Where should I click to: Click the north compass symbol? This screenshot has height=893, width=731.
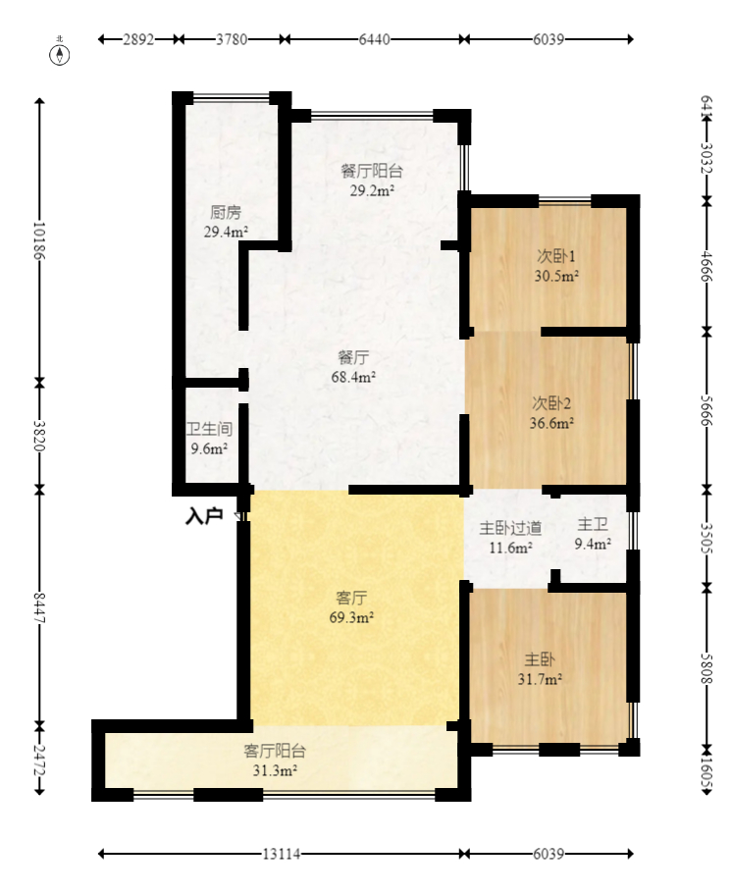tap(59, 54)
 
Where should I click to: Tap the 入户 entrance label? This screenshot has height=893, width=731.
tap(204, 516)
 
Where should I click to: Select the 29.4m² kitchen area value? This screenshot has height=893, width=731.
tap(226, 232)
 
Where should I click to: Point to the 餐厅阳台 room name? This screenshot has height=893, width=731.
tap(372, 171)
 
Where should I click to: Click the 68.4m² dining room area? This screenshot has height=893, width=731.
tap(353, 377)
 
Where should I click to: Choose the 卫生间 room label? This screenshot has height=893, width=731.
tap(209, 429)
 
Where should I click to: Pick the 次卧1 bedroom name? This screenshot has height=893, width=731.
tap(556, 256)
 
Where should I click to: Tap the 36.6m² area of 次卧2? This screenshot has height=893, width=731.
tap(551, 423)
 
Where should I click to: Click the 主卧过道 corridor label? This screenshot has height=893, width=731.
tap(510, 528)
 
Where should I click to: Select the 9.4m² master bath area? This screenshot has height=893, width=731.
tap(593, 544)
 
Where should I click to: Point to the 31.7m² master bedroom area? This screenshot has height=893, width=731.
tap(540, 679)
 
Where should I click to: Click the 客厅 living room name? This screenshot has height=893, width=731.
tap(351, 598)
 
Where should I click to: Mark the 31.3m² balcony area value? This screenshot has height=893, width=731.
tap(275, 770)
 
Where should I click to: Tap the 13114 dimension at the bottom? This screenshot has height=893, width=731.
tap(282, 855)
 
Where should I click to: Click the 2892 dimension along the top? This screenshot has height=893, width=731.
tap(138, 39)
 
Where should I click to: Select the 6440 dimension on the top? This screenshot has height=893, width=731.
tap(374, 39)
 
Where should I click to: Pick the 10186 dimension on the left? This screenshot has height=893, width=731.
tap(39, 240)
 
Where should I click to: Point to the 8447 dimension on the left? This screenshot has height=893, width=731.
tap(39, 607)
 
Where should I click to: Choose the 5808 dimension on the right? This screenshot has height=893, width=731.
tap(706, 668)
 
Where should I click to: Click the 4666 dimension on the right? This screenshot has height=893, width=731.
tap(706, 266)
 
